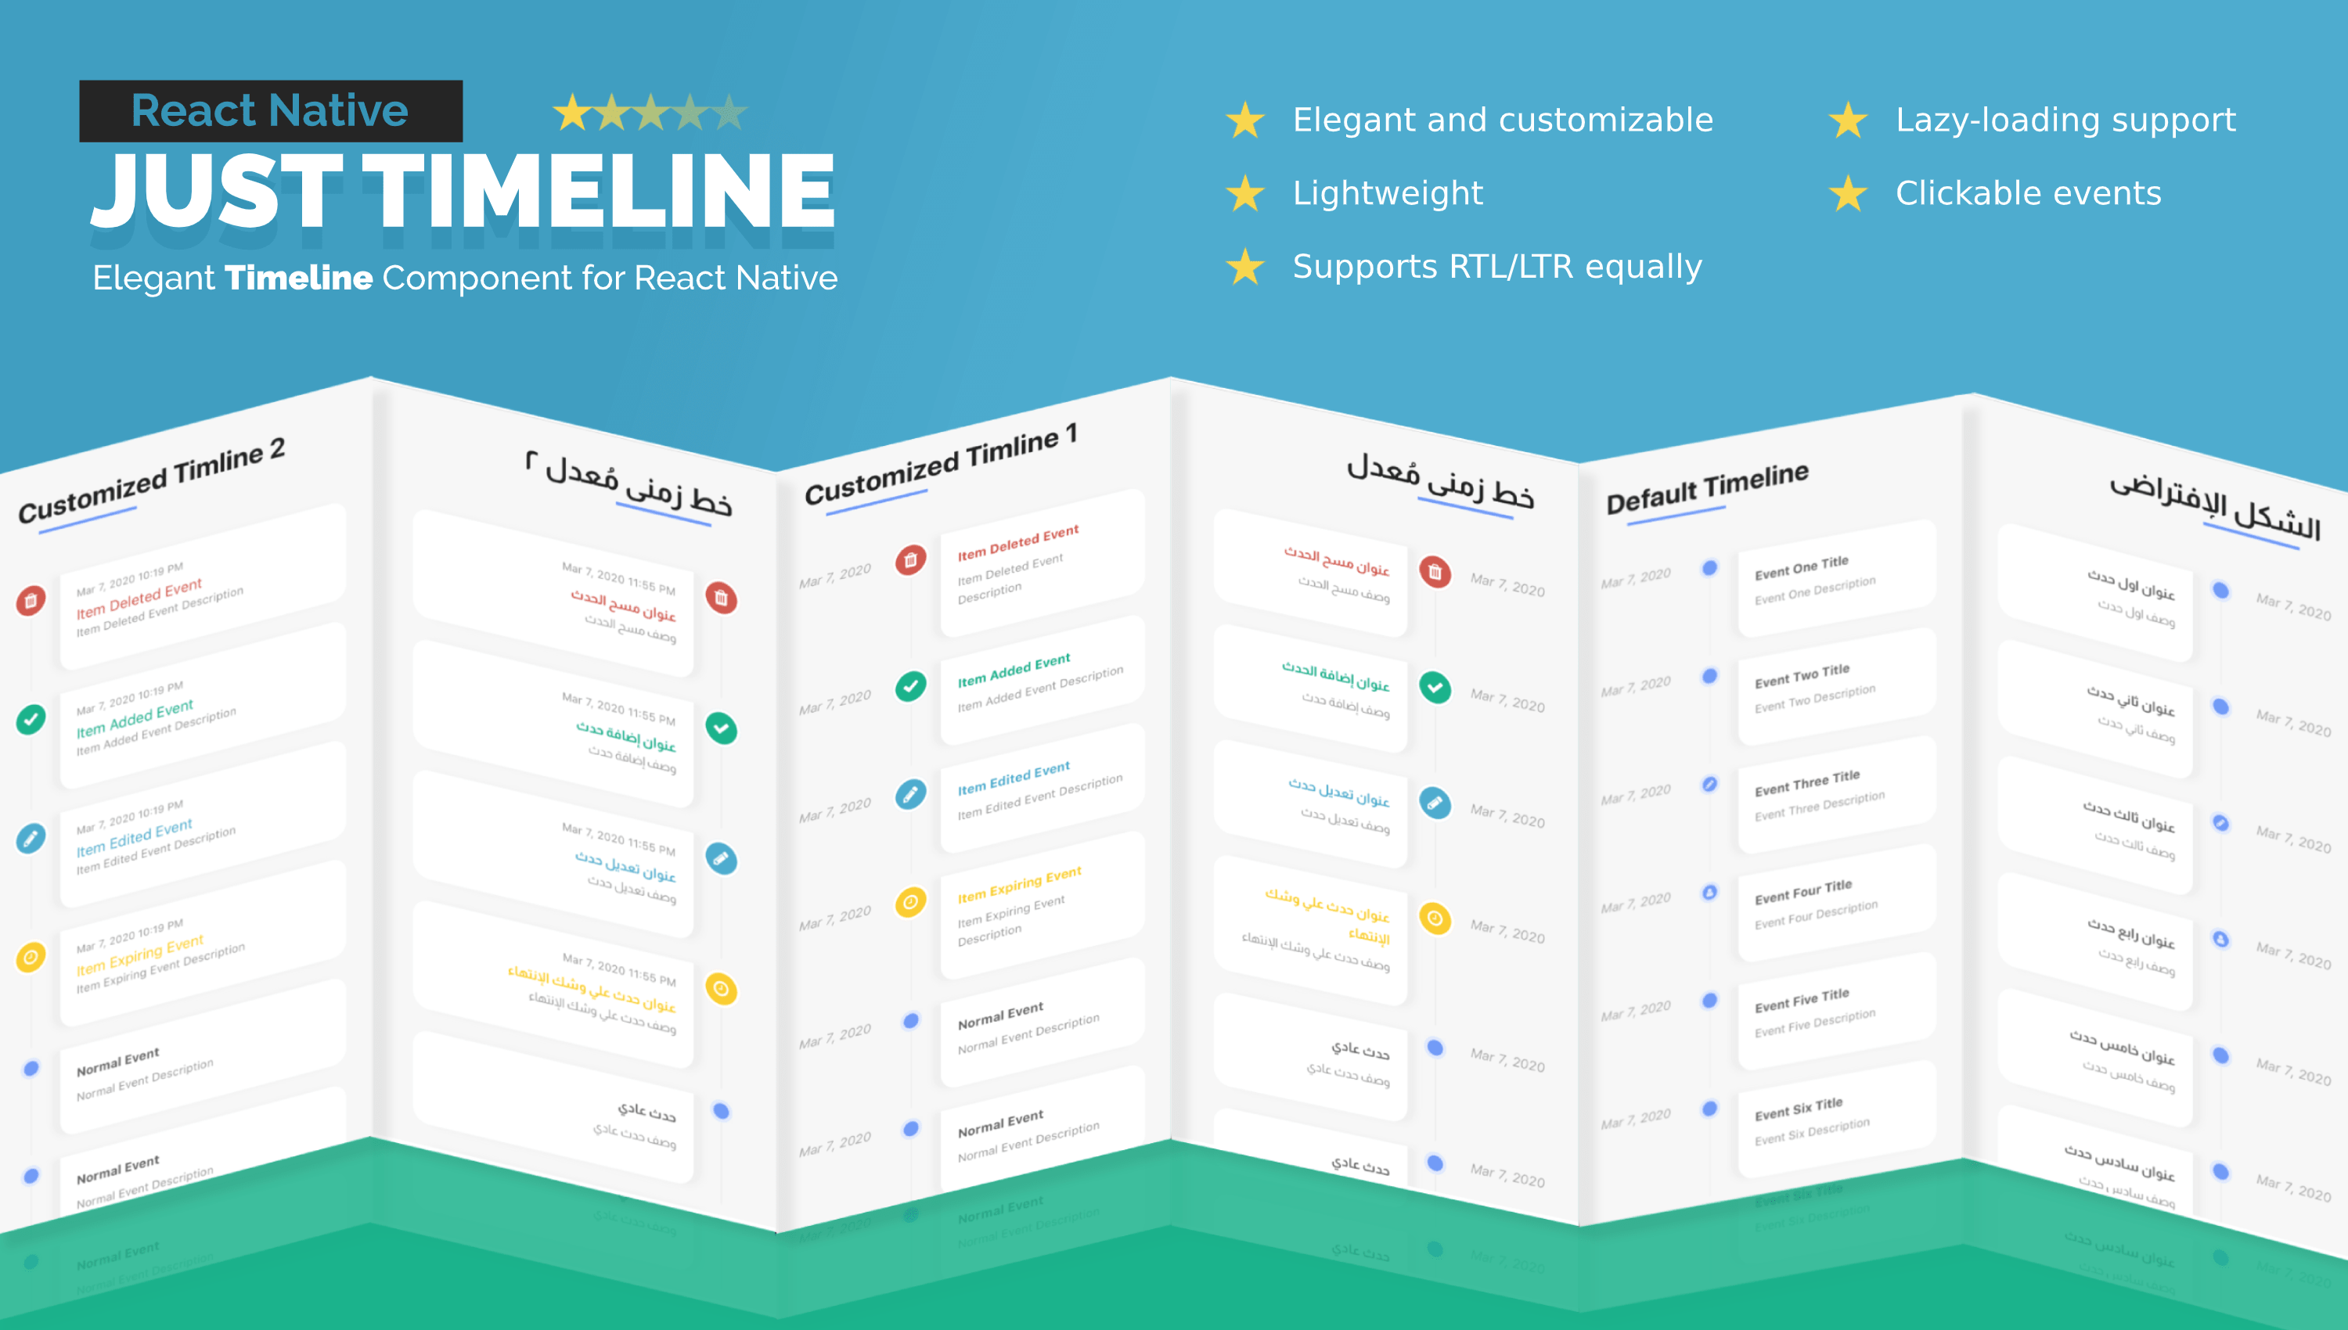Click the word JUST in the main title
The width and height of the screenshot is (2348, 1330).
(217, 192)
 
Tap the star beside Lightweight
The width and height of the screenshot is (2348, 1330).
(1244, 194)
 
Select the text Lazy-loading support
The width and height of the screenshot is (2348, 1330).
(2065, 120)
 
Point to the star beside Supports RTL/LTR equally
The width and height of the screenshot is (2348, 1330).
(1244, 267)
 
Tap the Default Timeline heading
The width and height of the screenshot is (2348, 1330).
(1707, 487)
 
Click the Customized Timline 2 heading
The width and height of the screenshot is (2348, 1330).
(152, 480)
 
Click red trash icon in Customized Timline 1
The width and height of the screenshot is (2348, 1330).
(910, 560)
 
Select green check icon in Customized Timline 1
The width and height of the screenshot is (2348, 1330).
(910, 686)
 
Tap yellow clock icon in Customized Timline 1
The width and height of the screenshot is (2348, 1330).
(910, 903)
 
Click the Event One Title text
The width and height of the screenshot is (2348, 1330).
(1801, 567)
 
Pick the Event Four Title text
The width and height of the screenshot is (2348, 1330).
(1802, 892)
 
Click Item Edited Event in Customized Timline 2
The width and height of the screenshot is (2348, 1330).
(135, 838)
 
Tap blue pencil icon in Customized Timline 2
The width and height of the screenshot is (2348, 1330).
(31, 838)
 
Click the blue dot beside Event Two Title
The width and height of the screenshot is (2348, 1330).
(1709, 677)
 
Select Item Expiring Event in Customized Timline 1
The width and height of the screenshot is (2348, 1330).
(1019, 884)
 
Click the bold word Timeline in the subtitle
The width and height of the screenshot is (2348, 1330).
(299, 278)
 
